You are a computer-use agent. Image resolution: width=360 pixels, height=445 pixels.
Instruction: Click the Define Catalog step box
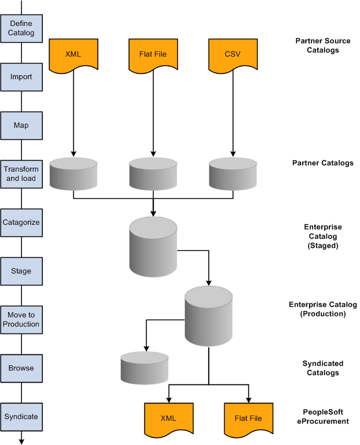(x=21, y=28)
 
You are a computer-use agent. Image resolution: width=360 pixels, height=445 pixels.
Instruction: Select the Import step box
(x=21, y=76)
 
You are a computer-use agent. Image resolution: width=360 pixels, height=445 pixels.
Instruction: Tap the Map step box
(x=21, y=125)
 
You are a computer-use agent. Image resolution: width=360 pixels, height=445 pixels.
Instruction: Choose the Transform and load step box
(x=21, y=173)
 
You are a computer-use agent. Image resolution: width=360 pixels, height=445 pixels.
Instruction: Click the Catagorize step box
(x=21, y=222)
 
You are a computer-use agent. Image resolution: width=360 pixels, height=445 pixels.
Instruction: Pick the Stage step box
(x=21, y=270)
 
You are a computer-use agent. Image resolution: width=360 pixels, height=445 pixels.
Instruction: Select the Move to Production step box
(x=21, y=319)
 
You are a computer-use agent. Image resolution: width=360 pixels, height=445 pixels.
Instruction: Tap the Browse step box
(x=21, y=368)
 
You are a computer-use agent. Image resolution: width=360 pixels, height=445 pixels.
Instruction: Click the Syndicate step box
(x=21, y=416)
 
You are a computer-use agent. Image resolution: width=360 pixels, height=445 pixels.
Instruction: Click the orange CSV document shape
(x=232, y=55)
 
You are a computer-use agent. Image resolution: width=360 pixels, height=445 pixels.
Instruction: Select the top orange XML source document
(x=73, y=55)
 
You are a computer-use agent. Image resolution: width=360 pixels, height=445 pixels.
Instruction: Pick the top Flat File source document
(x=153, y=55)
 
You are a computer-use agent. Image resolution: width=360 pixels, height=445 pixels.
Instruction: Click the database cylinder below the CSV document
(x=232, y=173)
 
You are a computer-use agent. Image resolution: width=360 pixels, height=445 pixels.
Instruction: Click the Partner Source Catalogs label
(x=324, y=46)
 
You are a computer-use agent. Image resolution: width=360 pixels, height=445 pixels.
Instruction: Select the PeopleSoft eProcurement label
(x=324, y=417)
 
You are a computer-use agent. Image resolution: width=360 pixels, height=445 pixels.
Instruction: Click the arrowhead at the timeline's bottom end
(x=21, y=441)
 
